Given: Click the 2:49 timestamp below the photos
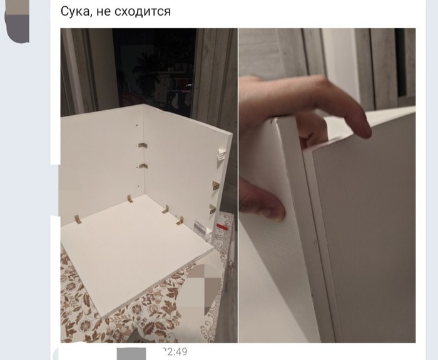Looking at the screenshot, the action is click(175, 351).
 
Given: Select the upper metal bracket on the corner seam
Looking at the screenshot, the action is click(143, 145).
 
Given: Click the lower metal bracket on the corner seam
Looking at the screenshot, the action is click(143, 167).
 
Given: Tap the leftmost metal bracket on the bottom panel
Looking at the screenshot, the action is click(78, 219).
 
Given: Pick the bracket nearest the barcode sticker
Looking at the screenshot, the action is click(180, 220).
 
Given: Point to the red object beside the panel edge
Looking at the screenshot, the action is click(223, 227).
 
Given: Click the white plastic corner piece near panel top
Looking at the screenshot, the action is click(221, 155).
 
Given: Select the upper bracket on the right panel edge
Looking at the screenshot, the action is click(215, 185).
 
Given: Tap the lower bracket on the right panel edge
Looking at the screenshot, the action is click(212, 208).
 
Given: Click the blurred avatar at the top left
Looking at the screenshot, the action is click(17, 21).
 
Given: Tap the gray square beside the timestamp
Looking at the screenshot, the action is click(131, 354).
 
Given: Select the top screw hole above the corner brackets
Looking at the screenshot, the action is click(136, 125).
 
